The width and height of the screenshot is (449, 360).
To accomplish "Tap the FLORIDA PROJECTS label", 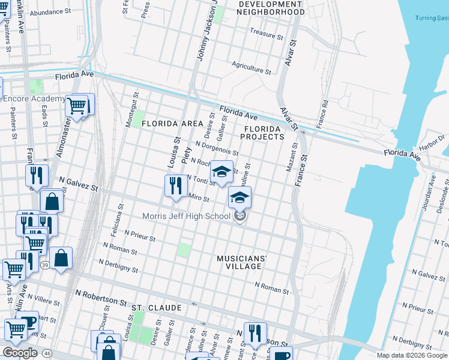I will tap(262, 133).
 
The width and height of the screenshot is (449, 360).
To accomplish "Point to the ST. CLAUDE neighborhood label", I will tap(156, 308).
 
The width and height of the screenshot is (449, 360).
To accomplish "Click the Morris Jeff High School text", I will tap(186, 217).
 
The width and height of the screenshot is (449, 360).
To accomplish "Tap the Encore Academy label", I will tap(34, 99).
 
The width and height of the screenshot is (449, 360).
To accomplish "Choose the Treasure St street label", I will tap(266, 34).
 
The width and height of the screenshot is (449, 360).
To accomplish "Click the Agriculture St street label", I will tap(252, 67).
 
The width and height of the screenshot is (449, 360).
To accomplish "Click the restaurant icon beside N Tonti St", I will tap(176, 185).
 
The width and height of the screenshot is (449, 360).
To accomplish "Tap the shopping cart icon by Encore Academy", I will tap(76, 107).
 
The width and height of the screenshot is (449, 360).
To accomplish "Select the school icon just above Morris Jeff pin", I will tap(240, 197).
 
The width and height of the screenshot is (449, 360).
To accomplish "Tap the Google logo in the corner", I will tap(20, 352).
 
